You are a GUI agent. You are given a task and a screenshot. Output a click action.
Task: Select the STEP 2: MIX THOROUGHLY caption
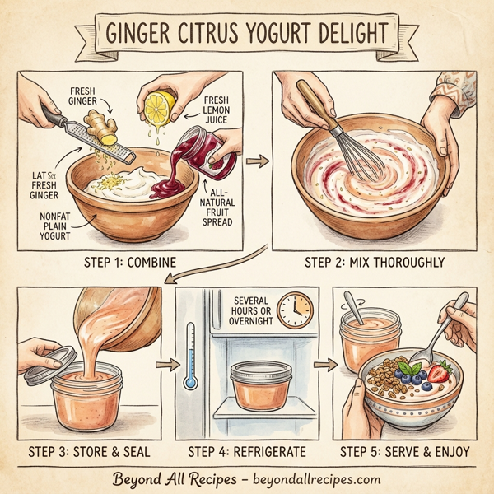click(x=374, y=263)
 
